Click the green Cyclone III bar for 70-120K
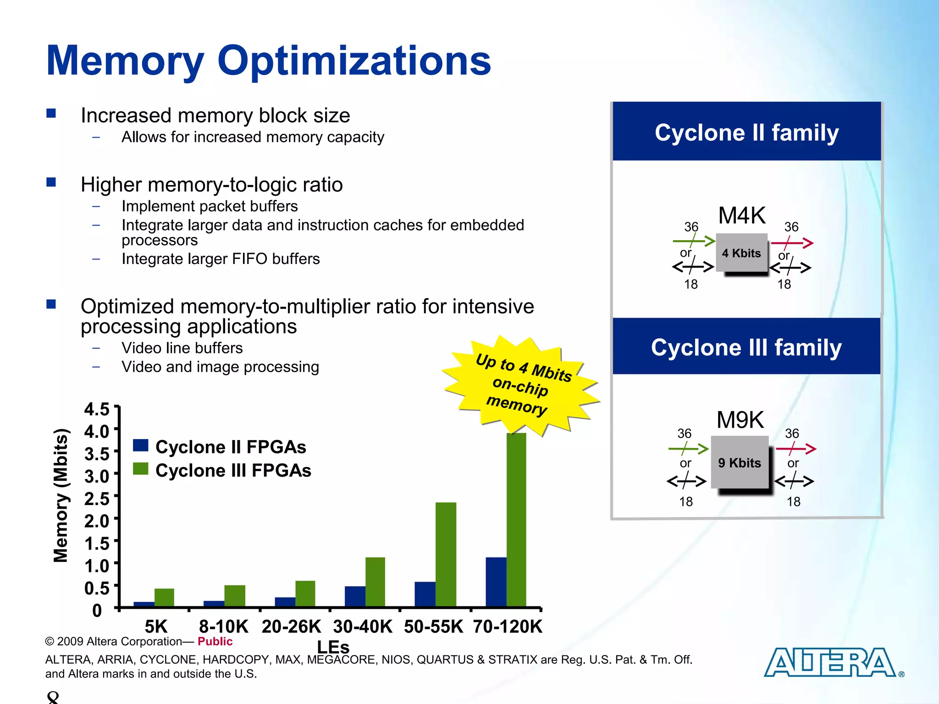[x=516, y=520]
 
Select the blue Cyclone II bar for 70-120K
[x=496, y=582]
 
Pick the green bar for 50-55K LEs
[x=446, y=554]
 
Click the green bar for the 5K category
[x=164, y=597]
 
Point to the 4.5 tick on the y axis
[x=97, y=409]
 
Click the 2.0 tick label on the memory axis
[x=97, y=521]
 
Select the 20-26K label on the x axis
[x=292, y=627]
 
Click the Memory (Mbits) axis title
[x=61, y=495]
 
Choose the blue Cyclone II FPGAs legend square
[x=141, y=445]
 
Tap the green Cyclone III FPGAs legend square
[x=141, y=469]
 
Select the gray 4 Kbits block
[x=741, y=253]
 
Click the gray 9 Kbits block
[x=740, y=462]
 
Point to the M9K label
[x=740, y=420]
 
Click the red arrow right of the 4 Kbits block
[x=792, y=242]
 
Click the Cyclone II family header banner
[x=746, y=132]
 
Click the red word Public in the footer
[x=215, y=641]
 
